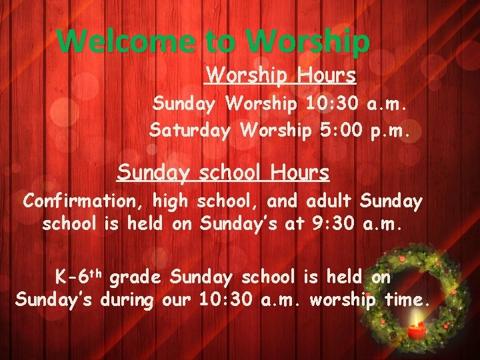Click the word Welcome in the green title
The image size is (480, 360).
tap(127, 41)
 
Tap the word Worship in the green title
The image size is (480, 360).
tap(307, 41)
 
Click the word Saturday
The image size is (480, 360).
tap(191, 130)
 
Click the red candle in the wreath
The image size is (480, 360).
tap(417, 329)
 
